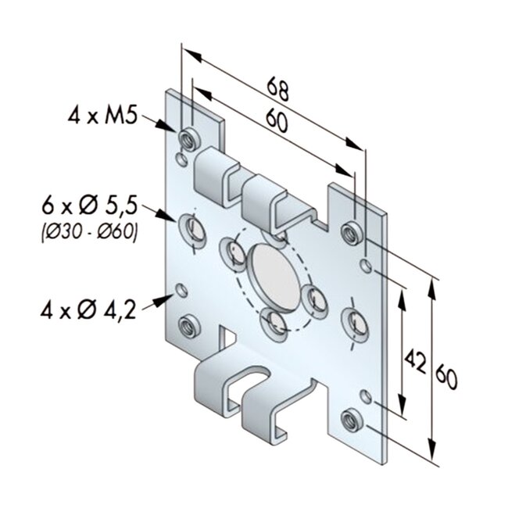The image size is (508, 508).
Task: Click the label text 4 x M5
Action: click(102, 116)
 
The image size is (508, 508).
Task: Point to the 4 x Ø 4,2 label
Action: click(88, 309)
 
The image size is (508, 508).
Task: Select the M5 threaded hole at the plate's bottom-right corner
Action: click(351, 419)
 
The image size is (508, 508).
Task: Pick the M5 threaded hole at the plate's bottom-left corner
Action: click(188, 327)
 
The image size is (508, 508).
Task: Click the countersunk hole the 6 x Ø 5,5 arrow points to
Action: click(192, 229)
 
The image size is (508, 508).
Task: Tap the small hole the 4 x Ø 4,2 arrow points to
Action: click(182, 291)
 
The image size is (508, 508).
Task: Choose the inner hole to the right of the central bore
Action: click(315, 298)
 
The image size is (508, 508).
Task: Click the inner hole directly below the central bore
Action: click(273, 321)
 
